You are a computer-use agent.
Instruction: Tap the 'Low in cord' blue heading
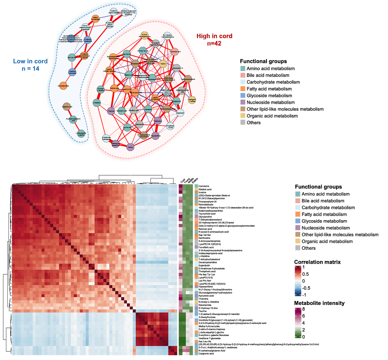coord(30,61)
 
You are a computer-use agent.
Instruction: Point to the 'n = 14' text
coord(30,69)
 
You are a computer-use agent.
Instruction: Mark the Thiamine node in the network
coord(111,110)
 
